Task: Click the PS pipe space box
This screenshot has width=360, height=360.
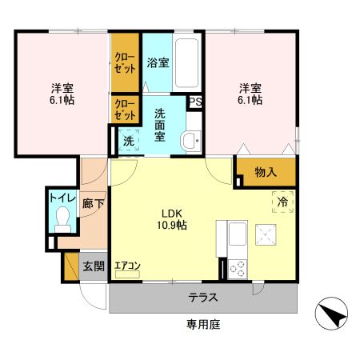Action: point(194,102)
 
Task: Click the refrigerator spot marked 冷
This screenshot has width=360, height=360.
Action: point(282,202)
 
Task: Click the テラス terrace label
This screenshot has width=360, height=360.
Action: point(204,298)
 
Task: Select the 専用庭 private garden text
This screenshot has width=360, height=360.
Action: point(203,324)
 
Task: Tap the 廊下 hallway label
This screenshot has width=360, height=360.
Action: point(94,204)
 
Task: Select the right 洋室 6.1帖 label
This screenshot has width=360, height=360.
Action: point(250,94)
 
